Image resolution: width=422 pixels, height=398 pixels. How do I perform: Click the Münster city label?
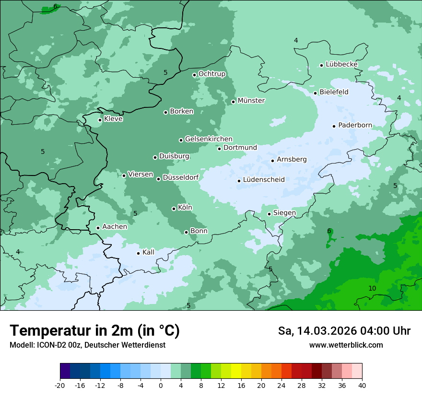pos(251,101)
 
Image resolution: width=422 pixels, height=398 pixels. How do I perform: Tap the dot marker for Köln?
pos(174,209)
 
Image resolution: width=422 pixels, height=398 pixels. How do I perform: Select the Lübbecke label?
pos(341,64)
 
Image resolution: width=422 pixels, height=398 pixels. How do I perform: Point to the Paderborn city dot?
pos(334,126)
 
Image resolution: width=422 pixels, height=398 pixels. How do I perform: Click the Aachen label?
pos(115,227)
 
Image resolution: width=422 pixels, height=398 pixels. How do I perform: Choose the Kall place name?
pos(149,252)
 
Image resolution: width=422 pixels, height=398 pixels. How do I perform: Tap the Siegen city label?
pos(284,213)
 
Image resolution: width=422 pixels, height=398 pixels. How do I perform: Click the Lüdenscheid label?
pos(264,180)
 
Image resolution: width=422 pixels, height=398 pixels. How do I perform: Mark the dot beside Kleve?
pos(100,120)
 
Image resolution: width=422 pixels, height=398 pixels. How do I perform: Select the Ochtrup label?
pos(212,74)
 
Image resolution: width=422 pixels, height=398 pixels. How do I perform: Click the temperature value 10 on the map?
pos(372,288)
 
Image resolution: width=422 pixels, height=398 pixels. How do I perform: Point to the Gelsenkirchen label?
pos(209,139)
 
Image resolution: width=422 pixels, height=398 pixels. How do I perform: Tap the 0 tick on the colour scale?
pos(161,386)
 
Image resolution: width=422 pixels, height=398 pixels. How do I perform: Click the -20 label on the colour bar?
pos(60,386)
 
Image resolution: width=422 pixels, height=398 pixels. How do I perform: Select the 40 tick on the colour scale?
pos(362,386)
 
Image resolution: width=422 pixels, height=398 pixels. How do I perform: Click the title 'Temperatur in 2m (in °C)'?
pos(94,330)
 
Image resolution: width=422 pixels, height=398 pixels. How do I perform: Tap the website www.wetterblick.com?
pos(346,345)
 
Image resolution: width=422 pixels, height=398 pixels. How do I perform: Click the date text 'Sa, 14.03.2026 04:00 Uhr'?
pos(344,331)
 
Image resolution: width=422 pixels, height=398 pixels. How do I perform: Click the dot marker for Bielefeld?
pos(315,93)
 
